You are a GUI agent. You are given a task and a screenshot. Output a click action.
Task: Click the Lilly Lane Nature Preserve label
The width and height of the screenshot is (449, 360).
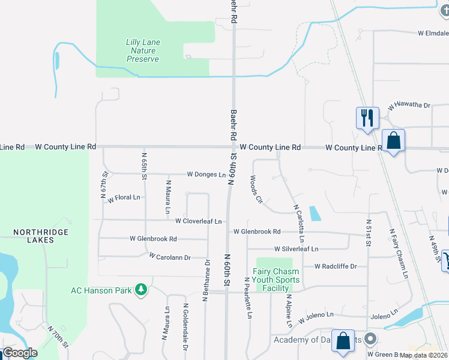pyautogui.click(x=142, y=51)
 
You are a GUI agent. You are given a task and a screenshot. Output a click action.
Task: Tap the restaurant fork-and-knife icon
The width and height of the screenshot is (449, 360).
pyautogui.click(x=367, y=116)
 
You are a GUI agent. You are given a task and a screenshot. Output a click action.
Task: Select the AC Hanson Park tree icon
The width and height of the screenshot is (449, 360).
pyautogui.click(x=141, y=290)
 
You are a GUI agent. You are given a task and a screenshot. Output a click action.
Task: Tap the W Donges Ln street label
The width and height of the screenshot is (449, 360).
pyautogui.click(x=206, y=175)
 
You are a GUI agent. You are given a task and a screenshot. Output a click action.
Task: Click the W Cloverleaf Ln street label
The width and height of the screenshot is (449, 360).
pyautogui.click(x=198, y=221)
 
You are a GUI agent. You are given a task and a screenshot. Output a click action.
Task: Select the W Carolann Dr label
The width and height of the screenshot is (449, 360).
pyautogui.click(x=170, y=257)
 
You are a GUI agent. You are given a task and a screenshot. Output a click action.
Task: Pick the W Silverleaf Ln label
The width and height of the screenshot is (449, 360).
pyautogui.click(x=296, y=248)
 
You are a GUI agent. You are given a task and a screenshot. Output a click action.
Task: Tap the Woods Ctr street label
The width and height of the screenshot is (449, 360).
pyautogui.click(x=256, y=189)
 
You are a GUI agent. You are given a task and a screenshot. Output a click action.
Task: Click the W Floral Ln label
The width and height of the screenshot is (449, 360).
pyautogui.click(x=124, y=197)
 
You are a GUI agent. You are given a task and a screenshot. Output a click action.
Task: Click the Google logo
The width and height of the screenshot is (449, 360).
pyautogui.click(x=20, y=353)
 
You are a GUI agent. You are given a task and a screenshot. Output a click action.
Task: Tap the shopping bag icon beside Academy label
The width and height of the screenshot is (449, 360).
pyautogui.click(x=343, y=341)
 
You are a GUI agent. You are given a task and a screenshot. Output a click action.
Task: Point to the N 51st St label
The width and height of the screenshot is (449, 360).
pyautogui.click(x=368, y=230)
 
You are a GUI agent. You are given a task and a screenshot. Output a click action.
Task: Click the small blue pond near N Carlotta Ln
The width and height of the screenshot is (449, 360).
pyautogui.click(x=314, y=214)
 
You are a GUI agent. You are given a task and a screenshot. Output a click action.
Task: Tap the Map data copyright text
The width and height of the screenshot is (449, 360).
pyautogui.click(x=424, y=355)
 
